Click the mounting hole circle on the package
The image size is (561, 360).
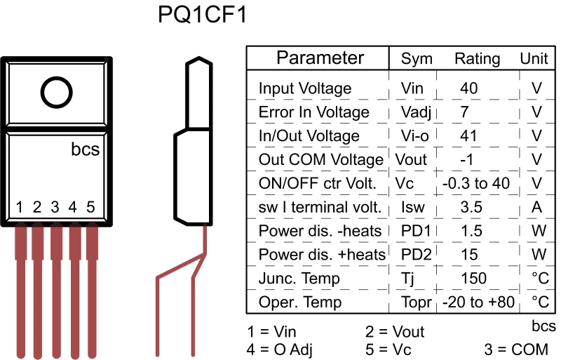click(x=56, y=92)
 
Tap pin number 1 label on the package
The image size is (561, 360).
click(x=20, y=207)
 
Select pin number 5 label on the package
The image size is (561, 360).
click(x=90, y=207)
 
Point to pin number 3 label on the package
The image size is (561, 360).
click(x=55, y=207)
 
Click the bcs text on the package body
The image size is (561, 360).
click(x=85, y=149)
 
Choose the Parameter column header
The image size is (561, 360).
click(x=320, y=58)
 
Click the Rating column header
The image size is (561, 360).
click(x=477, y=59)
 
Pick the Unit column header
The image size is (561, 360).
click(x=534, y=59)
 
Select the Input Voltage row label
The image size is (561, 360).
click(x=305, y=89)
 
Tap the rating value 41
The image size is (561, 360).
click(x=468, y=136)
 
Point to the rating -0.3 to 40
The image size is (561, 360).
click(x=476, y=184)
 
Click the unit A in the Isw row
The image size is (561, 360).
click(x=536, y=208)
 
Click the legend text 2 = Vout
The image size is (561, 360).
click(x=395, y=331)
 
